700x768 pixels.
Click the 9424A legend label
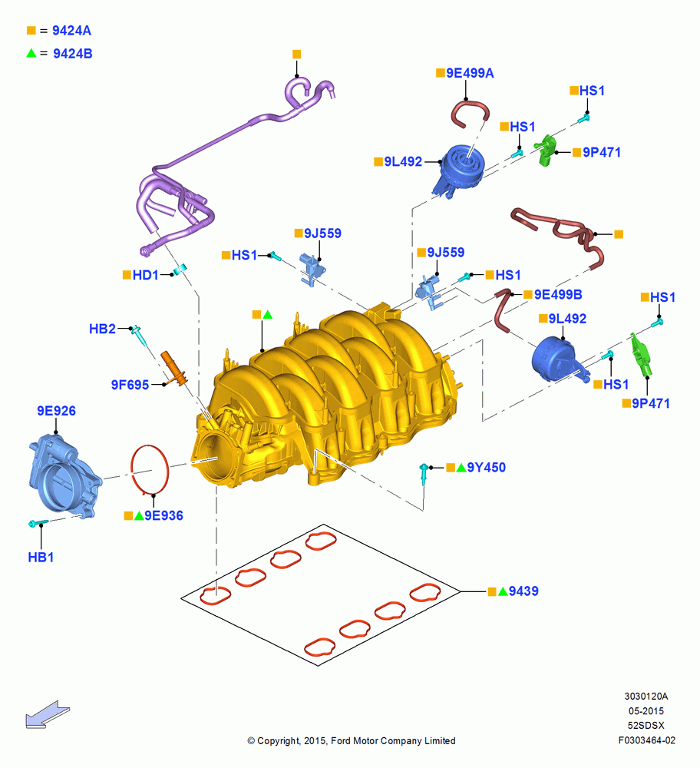(x=71, y=31)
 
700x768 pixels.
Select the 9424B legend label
(x=72, y=54)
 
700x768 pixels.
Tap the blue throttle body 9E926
(x=64, y=475)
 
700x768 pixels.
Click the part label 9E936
(x=163, y=515)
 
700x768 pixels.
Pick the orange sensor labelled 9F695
(x=174, y=367)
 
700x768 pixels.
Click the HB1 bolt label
(x=41, y=557)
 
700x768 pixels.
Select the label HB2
(x=102, y=329)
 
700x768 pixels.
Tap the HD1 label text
(x=145, y=275)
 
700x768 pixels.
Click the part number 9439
(x=523, y=591)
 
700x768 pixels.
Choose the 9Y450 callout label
(x=486, y=467)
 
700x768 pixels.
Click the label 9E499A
(x=470, y=73)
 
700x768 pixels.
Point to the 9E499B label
(x=558, y=294)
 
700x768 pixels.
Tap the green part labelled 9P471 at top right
(x=546, y=150)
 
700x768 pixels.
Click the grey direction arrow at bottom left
(x=48, y=714)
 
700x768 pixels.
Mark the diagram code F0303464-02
(x=646, y=740)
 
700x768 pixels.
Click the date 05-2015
(x=646, y=710)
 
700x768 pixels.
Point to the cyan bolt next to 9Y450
(x=424, y=472)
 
